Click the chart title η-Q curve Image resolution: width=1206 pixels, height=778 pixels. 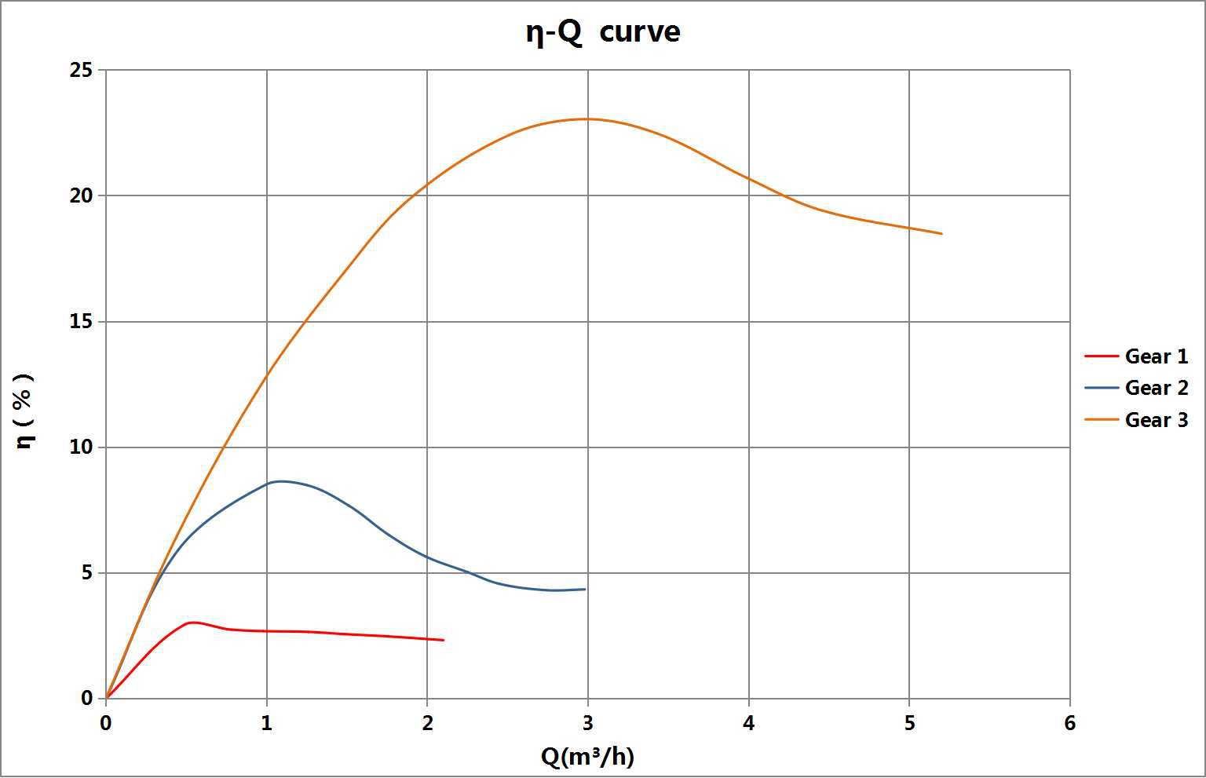pyautogui.click(x=602, y=32)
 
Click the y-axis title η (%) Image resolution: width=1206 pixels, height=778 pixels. pyautogui.click(x=25, y=410)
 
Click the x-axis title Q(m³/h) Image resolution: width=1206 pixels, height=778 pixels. pyautogui.click(x=587, y=756)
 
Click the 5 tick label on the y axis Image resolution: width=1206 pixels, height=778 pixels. pyautogui.click(x=87, y=573)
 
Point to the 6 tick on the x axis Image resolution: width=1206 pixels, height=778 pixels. pyautogui.click(x=1070, y=723)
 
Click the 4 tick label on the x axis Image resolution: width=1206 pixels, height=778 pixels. pyautogui.click(x=749, y=723)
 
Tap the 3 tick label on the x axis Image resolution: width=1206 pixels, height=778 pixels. pyautogui.click(x=588, y=723)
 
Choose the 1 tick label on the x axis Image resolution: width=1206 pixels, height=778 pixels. pyautogui.click(x=267, y=723)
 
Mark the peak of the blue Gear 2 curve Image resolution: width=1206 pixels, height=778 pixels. pyautogui.click(x=280, y=481)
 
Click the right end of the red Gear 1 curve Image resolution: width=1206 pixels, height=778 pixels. pyautogui.click(x=444, y=640)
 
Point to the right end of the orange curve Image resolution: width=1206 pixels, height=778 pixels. pyautogui.click(x=941, y=233)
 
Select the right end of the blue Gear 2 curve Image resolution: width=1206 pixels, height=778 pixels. pyautogui.click(x=585, y=589)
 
